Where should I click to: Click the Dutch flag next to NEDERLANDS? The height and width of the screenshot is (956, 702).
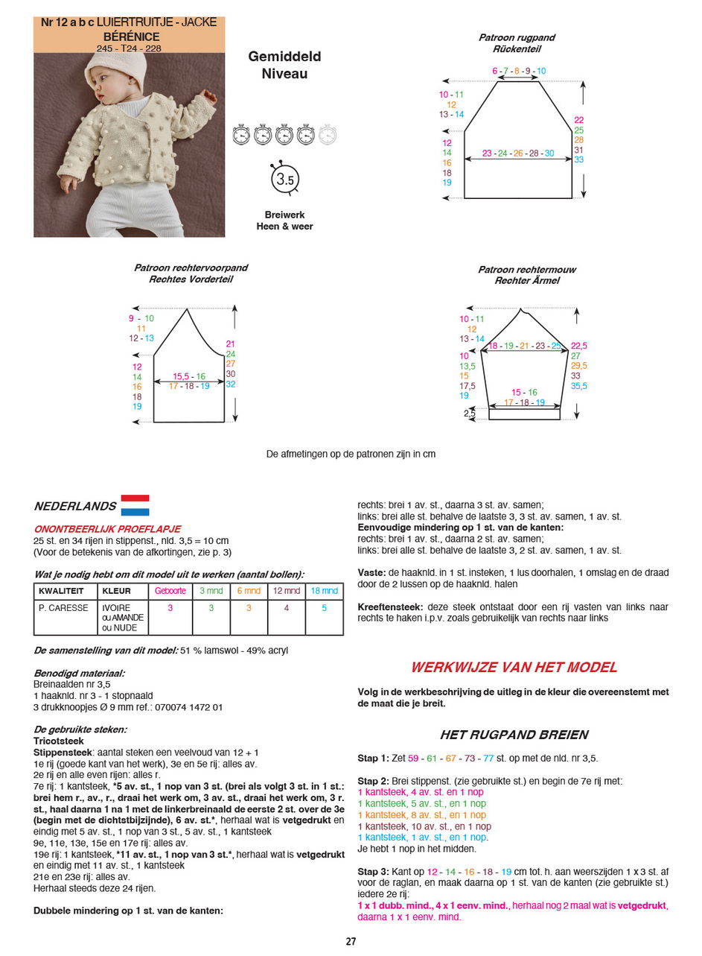(x=135, y=505)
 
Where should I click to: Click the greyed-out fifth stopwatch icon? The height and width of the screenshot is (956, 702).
(x=327, y=135)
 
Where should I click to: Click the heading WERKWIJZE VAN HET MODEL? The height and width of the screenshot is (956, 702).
(x=514, y=668)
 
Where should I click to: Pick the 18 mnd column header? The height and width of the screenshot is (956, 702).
(x=324, y=591)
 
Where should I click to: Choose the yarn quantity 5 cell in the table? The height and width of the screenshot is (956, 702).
(x=324, y=608)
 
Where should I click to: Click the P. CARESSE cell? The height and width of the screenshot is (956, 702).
(x=63, y=608)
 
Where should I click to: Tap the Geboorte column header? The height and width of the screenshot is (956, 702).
(x=170, y=591)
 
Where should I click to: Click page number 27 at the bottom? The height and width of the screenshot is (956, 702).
(x=351, y=941)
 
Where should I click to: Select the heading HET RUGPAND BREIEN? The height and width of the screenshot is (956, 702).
(x=514, y=735)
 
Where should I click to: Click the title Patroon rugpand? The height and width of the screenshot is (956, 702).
(x=517, y=37)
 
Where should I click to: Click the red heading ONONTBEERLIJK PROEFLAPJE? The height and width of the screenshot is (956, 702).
(x=107, y=529)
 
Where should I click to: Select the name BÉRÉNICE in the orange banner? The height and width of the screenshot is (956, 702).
(x=128, y=35)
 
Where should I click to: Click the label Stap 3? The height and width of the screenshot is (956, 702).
(x=373, y=871)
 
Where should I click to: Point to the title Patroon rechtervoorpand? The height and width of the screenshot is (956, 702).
(x=191, y=268)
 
